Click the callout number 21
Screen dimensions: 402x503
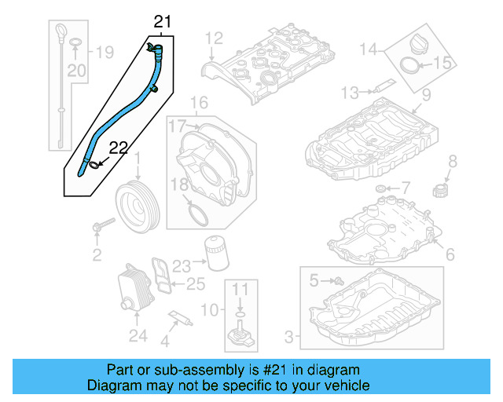click(161, 22)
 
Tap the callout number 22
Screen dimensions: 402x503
click(117, 147)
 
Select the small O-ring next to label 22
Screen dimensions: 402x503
click(94, 164)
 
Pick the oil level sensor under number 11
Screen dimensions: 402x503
click(241, 336)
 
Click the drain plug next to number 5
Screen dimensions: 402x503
click(338, 280)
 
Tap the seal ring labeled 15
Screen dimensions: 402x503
click(413, 65)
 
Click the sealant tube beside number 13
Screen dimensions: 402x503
click(386, 87)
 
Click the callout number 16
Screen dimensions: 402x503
click(199, 103)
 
